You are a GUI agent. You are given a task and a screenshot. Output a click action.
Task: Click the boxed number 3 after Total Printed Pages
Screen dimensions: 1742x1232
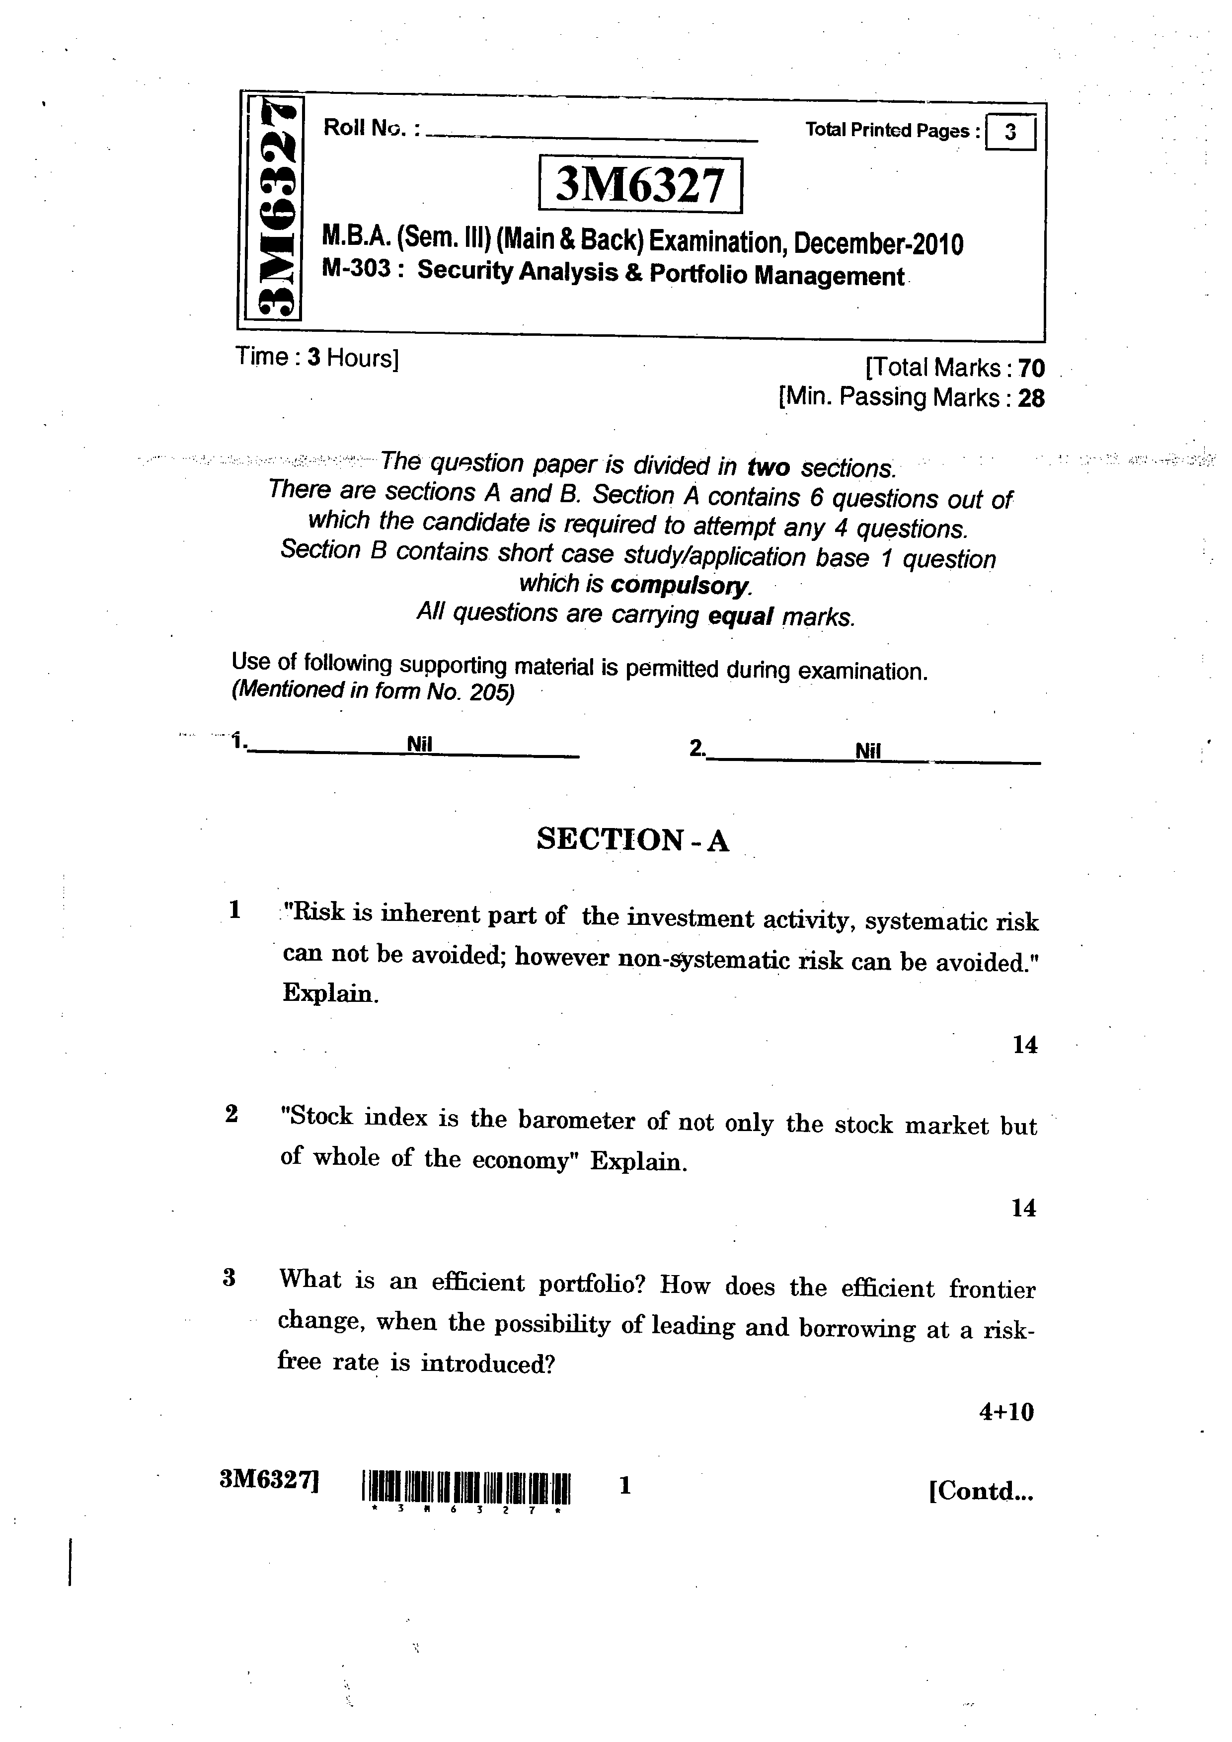[1010, 133]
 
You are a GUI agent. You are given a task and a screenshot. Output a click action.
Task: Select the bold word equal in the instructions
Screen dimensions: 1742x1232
[740, 616]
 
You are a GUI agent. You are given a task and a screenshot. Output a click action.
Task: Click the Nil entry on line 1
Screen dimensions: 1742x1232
[419, 744]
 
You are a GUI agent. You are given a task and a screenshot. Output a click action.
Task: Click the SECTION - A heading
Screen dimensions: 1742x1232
[633, 840]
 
